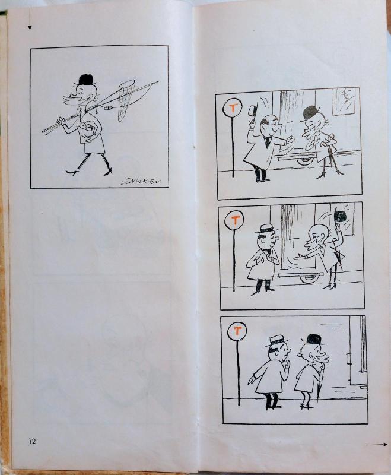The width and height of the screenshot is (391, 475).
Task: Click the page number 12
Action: [32, 441]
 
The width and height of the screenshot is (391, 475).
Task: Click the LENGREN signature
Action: [141, 181]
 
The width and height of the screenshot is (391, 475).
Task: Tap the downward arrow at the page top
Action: [30, 19]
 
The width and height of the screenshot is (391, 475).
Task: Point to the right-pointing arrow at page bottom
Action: [377, 445]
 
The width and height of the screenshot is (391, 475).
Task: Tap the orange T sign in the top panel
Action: [233, 109]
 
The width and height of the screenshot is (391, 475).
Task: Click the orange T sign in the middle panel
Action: [235, 220]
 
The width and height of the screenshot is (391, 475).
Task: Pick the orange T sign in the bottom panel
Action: [237, 331]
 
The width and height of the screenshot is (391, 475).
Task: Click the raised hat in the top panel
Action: [252, 111]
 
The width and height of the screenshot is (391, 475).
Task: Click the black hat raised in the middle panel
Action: [340, 217]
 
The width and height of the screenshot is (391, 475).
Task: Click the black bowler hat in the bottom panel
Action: [314, 339]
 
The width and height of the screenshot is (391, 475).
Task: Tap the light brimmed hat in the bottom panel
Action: [276, 341]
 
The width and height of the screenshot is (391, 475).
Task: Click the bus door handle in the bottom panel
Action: [349, 359]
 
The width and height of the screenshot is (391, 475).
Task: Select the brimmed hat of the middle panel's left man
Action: [266, 228]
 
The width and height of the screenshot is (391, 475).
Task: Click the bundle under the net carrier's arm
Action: [88, 129]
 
